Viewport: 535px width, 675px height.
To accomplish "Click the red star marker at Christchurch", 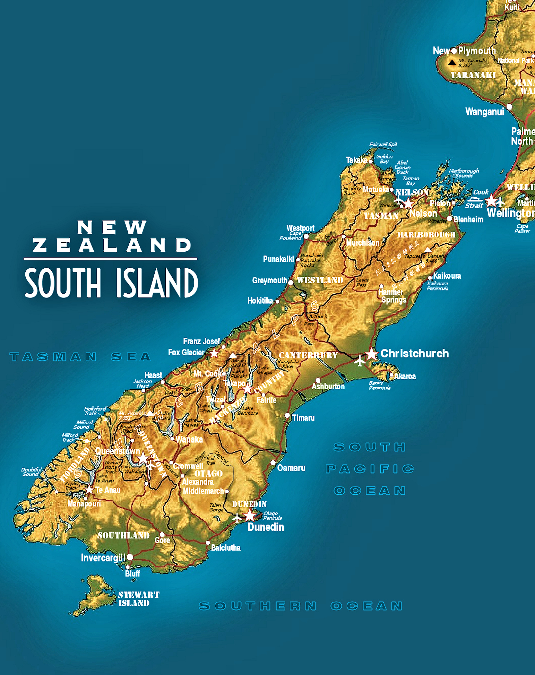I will [371, 354].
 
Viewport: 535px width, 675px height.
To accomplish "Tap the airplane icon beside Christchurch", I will [360, 361].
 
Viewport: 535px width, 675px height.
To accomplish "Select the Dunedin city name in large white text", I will [266, 527].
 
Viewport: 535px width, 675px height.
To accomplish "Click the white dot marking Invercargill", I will [130, 557].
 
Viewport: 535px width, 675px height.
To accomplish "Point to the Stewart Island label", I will [138, 599].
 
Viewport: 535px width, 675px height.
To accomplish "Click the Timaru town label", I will [303, 418].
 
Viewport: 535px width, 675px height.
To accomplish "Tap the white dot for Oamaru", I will [273, 462].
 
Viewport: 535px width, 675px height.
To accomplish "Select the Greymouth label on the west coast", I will [269, 280].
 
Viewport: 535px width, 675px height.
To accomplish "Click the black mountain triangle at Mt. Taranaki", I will [452, 63].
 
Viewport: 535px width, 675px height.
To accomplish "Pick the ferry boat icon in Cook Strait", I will [475, 199].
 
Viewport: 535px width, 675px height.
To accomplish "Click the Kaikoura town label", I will [447, 276].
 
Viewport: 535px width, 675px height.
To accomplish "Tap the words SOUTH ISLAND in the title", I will [111, 283].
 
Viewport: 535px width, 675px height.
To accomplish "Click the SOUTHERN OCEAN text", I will [301, 606].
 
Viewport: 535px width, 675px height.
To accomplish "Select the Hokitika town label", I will [260, 301].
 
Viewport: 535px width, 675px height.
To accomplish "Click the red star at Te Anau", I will [89, 490].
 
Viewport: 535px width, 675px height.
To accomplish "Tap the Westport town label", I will [300, 228].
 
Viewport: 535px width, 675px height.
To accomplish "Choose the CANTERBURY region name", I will [308, 355].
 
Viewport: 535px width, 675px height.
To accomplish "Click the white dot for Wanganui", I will [509, 107].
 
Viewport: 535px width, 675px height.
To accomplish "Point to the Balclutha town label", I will [225, 548].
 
